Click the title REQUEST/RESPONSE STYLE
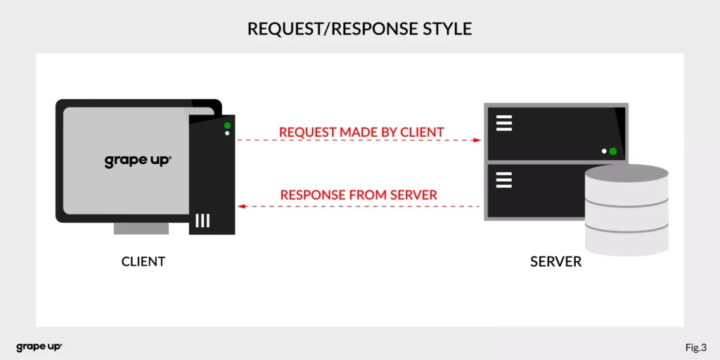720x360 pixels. click(359, 29)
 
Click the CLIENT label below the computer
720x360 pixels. click(143, 262)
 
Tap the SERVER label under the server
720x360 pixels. click(555, 262)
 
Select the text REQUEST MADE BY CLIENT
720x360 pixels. click(361, 132)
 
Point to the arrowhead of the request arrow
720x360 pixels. click(477, 141)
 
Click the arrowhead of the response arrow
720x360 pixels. click(240, 207)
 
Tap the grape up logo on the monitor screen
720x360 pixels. click(138, 160)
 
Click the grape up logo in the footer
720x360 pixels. click(39, 347)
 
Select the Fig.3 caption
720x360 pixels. click(695, 347)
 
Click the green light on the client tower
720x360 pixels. click(227, 126)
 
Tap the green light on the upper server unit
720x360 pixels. click(612, 151)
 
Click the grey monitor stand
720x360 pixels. click(141, 229)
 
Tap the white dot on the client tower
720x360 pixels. click(227, 133)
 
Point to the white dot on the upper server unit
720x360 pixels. click(604, 151)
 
